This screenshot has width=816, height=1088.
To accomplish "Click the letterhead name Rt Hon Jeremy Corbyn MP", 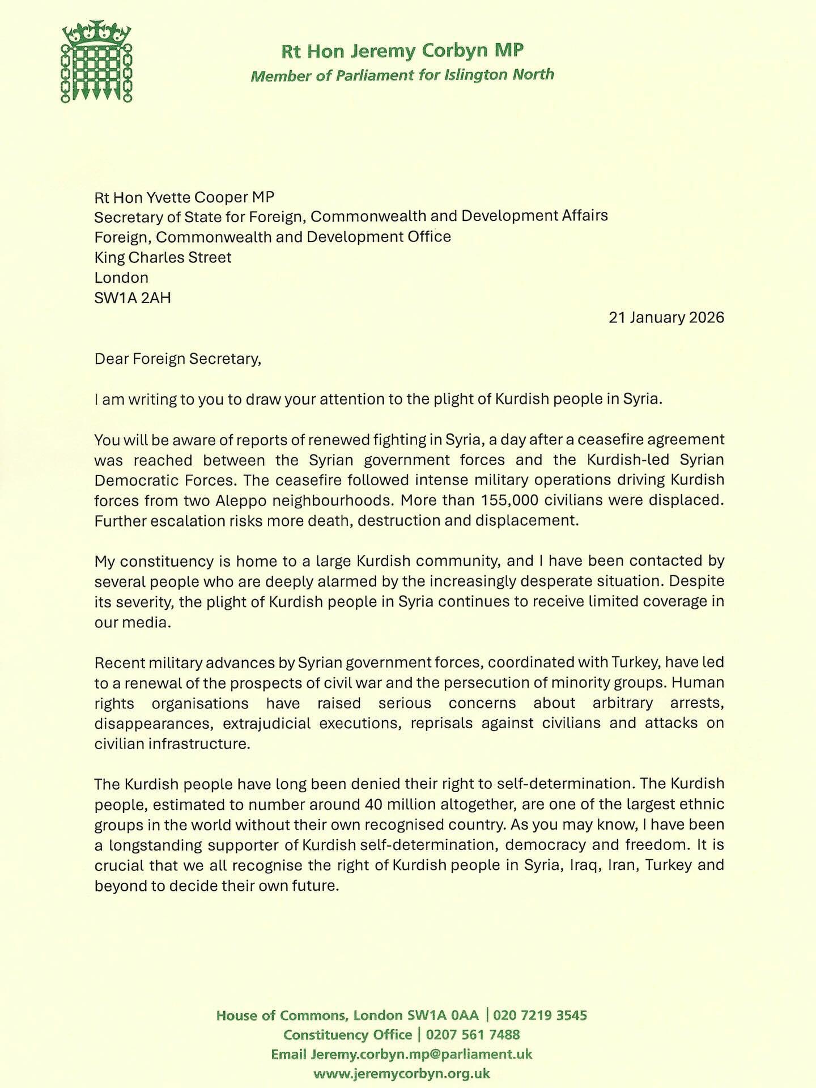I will (402, 51).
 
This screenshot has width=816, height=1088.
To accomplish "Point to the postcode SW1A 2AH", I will (132, 297).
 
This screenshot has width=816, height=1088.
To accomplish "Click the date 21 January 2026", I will (666, 317).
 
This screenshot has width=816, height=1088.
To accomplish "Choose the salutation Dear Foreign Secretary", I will (177, 359).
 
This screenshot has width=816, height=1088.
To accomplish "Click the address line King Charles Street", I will (163, 257).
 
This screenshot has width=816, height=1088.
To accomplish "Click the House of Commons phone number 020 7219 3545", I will (540, 1015).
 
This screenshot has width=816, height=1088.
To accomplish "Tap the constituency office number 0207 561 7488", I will (473, 1035).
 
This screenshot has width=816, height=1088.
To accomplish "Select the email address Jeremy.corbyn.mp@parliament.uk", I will (422, 1054).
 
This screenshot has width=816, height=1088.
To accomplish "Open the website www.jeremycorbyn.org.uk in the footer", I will (401, 1073).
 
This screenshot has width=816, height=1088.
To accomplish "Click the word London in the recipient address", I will (121, 278).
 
